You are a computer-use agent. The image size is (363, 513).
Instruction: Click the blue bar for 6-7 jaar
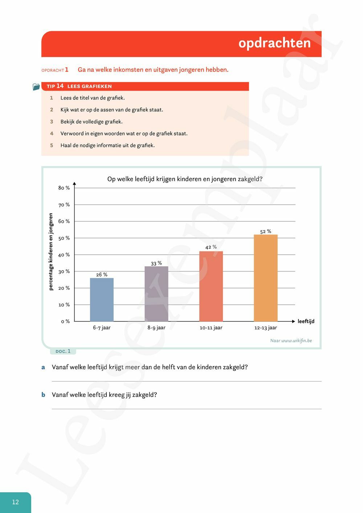[102, 300]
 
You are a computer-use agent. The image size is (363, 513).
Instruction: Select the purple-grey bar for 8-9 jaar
[156, 294]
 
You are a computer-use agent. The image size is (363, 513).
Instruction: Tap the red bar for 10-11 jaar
[211, 286]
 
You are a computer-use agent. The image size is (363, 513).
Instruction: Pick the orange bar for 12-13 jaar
[266, 278]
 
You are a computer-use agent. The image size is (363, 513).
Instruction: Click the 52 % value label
[266, 231]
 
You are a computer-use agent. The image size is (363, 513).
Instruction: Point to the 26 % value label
[102, 275]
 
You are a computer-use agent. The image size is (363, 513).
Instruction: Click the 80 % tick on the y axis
[64, 188]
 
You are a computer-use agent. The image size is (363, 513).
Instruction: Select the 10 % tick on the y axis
[64, 305]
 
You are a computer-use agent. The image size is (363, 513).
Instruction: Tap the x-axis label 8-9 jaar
[156, 328]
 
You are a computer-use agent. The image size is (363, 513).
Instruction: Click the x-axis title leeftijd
[306, 321]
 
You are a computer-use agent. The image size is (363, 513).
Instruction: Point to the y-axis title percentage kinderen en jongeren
[51, 252]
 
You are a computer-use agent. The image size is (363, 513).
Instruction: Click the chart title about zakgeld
[185, 179]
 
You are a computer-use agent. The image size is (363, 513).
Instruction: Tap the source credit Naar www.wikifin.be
[291, 341]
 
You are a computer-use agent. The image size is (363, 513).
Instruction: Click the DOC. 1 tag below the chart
[63, 351]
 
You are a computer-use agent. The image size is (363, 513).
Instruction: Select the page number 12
[15, 502]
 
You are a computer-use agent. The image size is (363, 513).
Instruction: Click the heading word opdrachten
[274, 43]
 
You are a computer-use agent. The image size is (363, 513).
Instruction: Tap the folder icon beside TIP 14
[36, 87]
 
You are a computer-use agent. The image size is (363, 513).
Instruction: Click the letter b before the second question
[43, 395]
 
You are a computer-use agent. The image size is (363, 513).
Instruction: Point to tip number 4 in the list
[52, 134]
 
